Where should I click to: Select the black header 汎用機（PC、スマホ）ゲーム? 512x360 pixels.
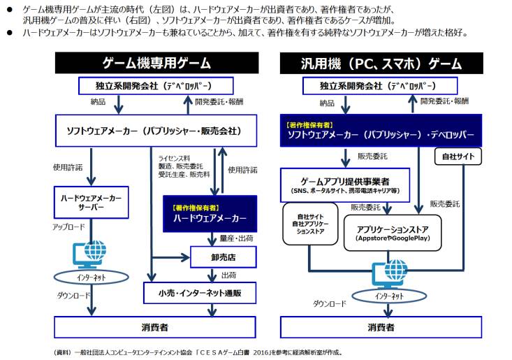click(381, 63)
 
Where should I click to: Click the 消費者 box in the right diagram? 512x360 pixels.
click(381, 327)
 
